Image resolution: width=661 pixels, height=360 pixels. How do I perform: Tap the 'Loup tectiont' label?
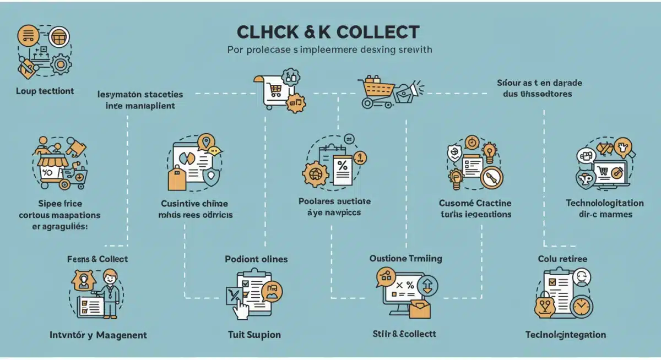click(45, 91)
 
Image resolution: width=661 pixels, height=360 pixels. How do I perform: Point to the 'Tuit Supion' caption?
click(254, 334)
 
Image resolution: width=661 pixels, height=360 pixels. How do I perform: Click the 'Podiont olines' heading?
click(256, 259)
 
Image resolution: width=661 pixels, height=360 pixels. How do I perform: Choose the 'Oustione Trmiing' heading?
click(405, 259)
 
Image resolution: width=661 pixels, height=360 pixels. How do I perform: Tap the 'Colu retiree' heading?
click(562, 259)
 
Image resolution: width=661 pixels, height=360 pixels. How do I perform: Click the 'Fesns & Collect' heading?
click(97, 259)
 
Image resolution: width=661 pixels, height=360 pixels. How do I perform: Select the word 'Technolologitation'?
click(605, 203)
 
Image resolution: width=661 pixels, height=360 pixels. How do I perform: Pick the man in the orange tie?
click(110, 292)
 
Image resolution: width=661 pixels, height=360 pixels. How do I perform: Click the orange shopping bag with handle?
click(177, 178)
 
